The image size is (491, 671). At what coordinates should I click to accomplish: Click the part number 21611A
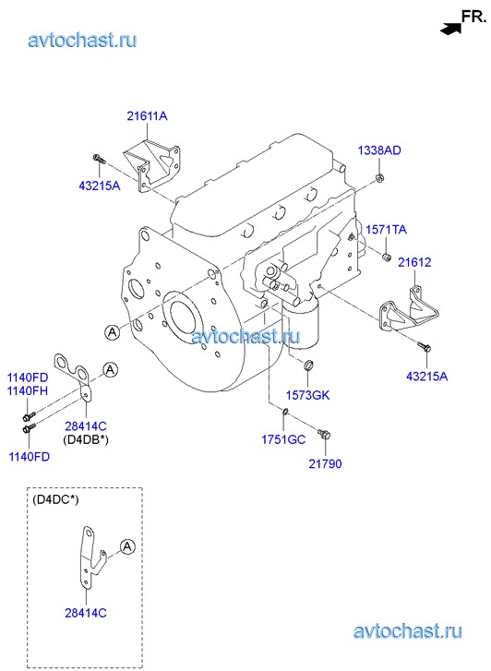point(147,115)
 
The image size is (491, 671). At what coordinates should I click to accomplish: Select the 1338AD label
point(379,150)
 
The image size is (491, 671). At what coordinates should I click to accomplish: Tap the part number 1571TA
point(386,230)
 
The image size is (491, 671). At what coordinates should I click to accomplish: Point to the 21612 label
point(414,262)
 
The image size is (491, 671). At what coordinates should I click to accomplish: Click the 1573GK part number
point(307,395)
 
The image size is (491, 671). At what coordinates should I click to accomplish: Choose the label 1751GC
point(283,439)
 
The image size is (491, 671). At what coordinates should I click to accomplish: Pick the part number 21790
point(326,463)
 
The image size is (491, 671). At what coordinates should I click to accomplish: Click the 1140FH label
point(28,390)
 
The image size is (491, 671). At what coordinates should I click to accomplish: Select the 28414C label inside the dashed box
point(86,613)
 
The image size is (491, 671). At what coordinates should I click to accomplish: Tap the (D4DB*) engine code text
point(86,439)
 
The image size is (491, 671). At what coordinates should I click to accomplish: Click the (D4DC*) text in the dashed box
point(55,499)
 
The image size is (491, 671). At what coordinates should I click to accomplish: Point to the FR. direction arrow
point(450,29)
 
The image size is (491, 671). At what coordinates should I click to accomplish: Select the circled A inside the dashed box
point(127,546)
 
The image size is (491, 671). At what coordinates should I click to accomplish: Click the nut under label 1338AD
point(379,177)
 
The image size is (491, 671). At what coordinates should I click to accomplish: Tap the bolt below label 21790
point(324,434)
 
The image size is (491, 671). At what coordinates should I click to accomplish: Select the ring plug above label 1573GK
point(308,365)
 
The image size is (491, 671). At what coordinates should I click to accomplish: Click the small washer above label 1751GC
point(285,412)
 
